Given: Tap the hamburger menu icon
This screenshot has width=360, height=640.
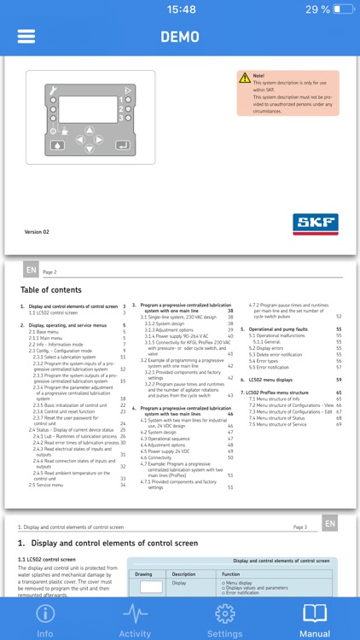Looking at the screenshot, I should pos(26,37).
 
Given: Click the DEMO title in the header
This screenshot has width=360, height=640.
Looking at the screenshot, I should pos(179,37).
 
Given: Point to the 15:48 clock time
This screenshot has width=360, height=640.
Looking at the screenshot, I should pos(180,9).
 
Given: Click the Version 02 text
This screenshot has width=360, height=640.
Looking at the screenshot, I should pos(37,231).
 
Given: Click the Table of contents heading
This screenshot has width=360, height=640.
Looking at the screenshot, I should pos(51,290).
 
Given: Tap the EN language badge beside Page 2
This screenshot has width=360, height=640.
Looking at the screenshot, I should pos(31,271).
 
